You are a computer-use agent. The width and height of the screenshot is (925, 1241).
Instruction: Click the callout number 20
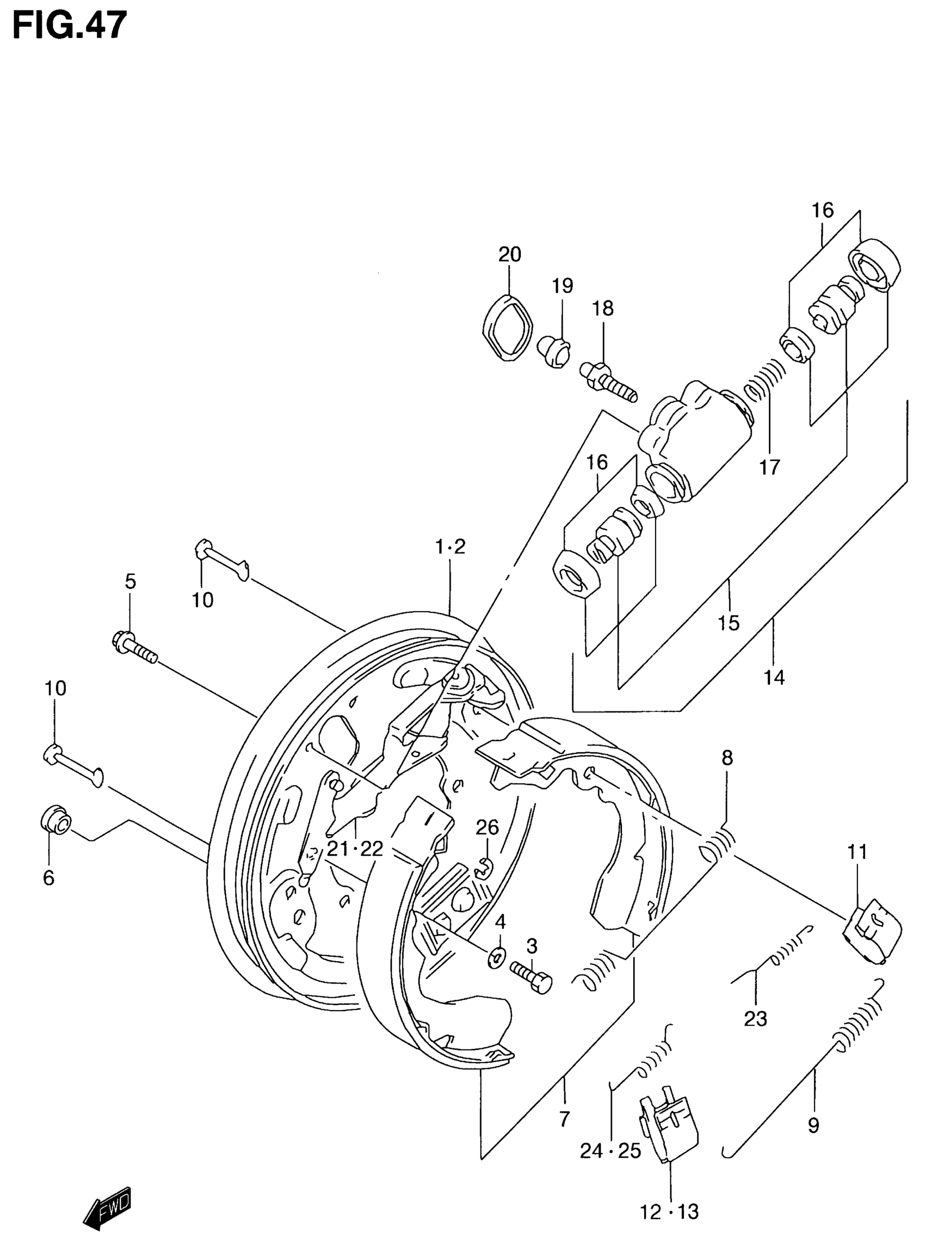pos(509,254)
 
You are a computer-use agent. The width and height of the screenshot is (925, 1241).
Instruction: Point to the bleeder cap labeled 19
pos(554,352)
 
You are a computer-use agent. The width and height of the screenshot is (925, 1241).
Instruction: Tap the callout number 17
pos(770,467)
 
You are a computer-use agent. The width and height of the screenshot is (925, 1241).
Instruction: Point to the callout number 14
pos(774,678)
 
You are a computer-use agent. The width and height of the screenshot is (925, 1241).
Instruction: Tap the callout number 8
pos(727,759)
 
